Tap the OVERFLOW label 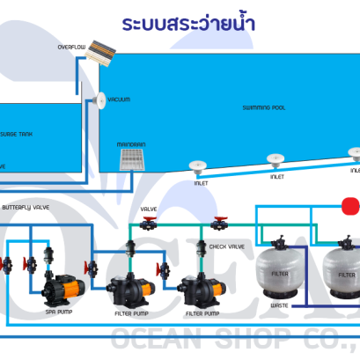(x=72, y=47)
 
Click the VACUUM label (x=118, y=100)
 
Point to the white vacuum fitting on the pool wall (x=99, y=99)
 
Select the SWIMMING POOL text (x=263, y=108)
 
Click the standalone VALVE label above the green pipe (x=149, y=209)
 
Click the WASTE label (x=281, y=306)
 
